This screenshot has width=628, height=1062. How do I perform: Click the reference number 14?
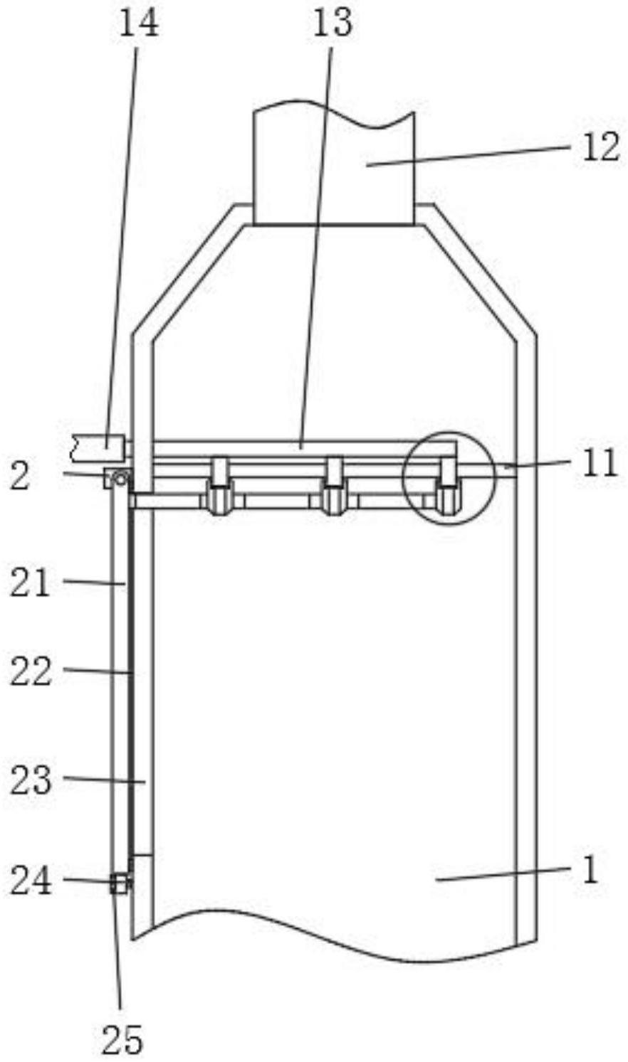pyautogui.click(x=138, y=23)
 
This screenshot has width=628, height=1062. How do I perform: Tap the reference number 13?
pyautogui.click(x=333, y=23)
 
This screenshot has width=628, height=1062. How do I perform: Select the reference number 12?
pyautogui.click(x=601, y=147)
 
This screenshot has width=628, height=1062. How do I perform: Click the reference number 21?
pyautogui.click(x=30, y=583)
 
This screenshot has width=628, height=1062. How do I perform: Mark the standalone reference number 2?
pyautogui.click(x=19, y=477)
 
